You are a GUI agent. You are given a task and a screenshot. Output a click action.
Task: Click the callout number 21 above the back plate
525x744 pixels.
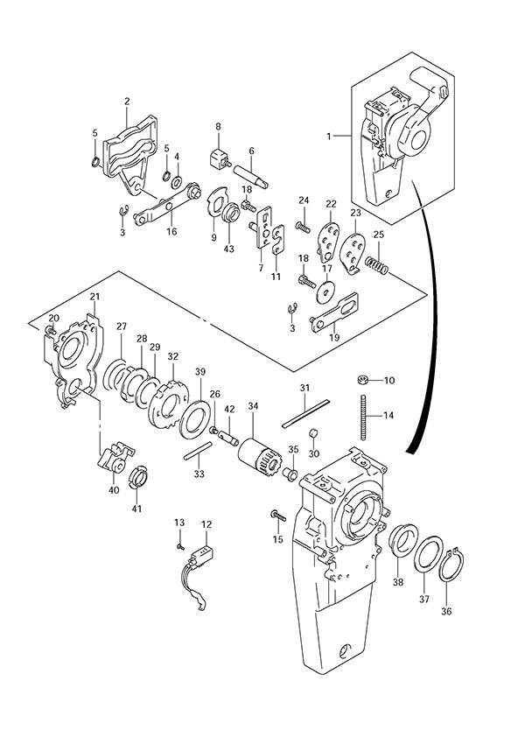(x=94, y=298)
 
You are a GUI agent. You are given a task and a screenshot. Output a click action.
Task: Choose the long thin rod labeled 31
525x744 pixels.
(x=305, y=413)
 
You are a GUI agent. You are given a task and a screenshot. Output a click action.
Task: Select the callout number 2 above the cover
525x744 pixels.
(x=126, y=102)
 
